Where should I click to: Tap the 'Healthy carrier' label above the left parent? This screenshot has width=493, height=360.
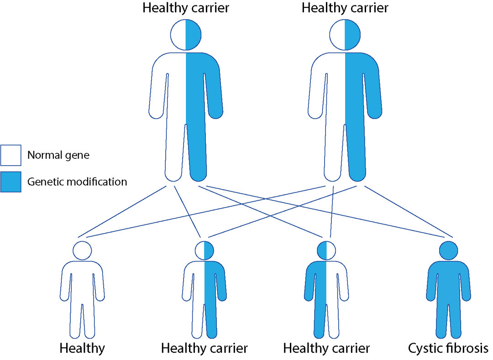click(185, 8)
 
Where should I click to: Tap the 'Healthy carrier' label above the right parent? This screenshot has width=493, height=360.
click(345, 8)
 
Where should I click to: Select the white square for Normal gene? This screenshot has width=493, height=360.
click(10, 155)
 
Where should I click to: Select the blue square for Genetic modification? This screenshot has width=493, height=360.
click(10, 182)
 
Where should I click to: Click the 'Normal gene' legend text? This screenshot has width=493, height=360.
click(58, 155)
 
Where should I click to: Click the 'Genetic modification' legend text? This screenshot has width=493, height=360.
click(77, 182)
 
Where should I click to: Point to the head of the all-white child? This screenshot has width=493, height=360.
click(82, 250)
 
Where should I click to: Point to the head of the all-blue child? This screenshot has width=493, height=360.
click(448, 250)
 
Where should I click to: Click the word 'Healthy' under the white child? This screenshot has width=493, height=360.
click(82, 349)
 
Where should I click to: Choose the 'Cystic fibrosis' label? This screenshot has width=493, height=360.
click(448, 349)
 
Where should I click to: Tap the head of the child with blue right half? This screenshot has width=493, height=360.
click(204, 250)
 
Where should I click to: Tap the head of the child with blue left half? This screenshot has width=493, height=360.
click(326, 250)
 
